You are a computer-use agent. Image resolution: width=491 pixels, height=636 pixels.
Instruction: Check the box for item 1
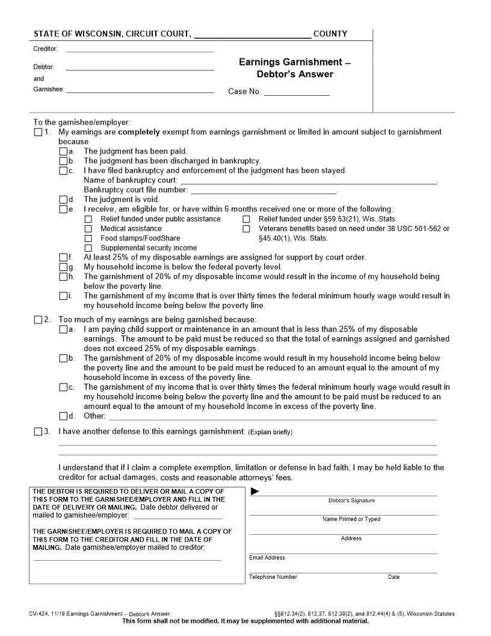pyautogui.click(x=39, y=132)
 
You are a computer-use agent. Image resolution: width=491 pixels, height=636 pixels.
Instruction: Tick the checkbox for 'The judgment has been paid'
pyautogui.click(x=64, y=151)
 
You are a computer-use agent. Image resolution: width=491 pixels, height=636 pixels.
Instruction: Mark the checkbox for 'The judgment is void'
pyautogui.click(x=64, y=199)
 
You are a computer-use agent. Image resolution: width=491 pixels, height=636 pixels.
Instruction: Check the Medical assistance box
pyautogui.click(x=88, y=229)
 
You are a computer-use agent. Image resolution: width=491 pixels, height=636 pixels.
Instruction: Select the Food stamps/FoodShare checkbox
pyautogui.click(x=88, y=238)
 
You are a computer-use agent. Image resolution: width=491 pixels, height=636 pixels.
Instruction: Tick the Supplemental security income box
pyautogui.click(x=88, y=248)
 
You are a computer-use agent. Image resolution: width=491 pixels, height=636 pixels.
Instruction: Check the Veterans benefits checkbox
pyautogui.click(x=246, y=229)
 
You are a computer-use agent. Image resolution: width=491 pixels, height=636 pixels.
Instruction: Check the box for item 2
pyautogui.click(x=39, y=319)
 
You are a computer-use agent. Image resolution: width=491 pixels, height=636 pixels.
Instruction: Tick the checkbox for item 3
pyautogui.click(x=39, y=431)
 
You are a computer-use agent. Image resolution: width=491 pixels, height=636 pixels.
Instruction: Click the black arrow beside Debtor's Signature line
pyautogui.click(x=255, y=491)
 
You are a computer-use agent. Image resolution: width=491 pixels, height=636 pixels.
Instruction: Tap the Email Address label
pyautogui.click(x=267, y=558)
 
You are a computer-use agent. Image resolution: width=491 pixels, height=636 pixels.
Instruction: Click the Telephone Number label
pyautogui.click(x=273, y=577)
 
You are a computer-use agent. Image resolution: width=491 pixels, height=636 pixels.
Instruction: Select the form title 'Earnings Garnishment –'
pyautogui.click(x=294, y=62)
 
